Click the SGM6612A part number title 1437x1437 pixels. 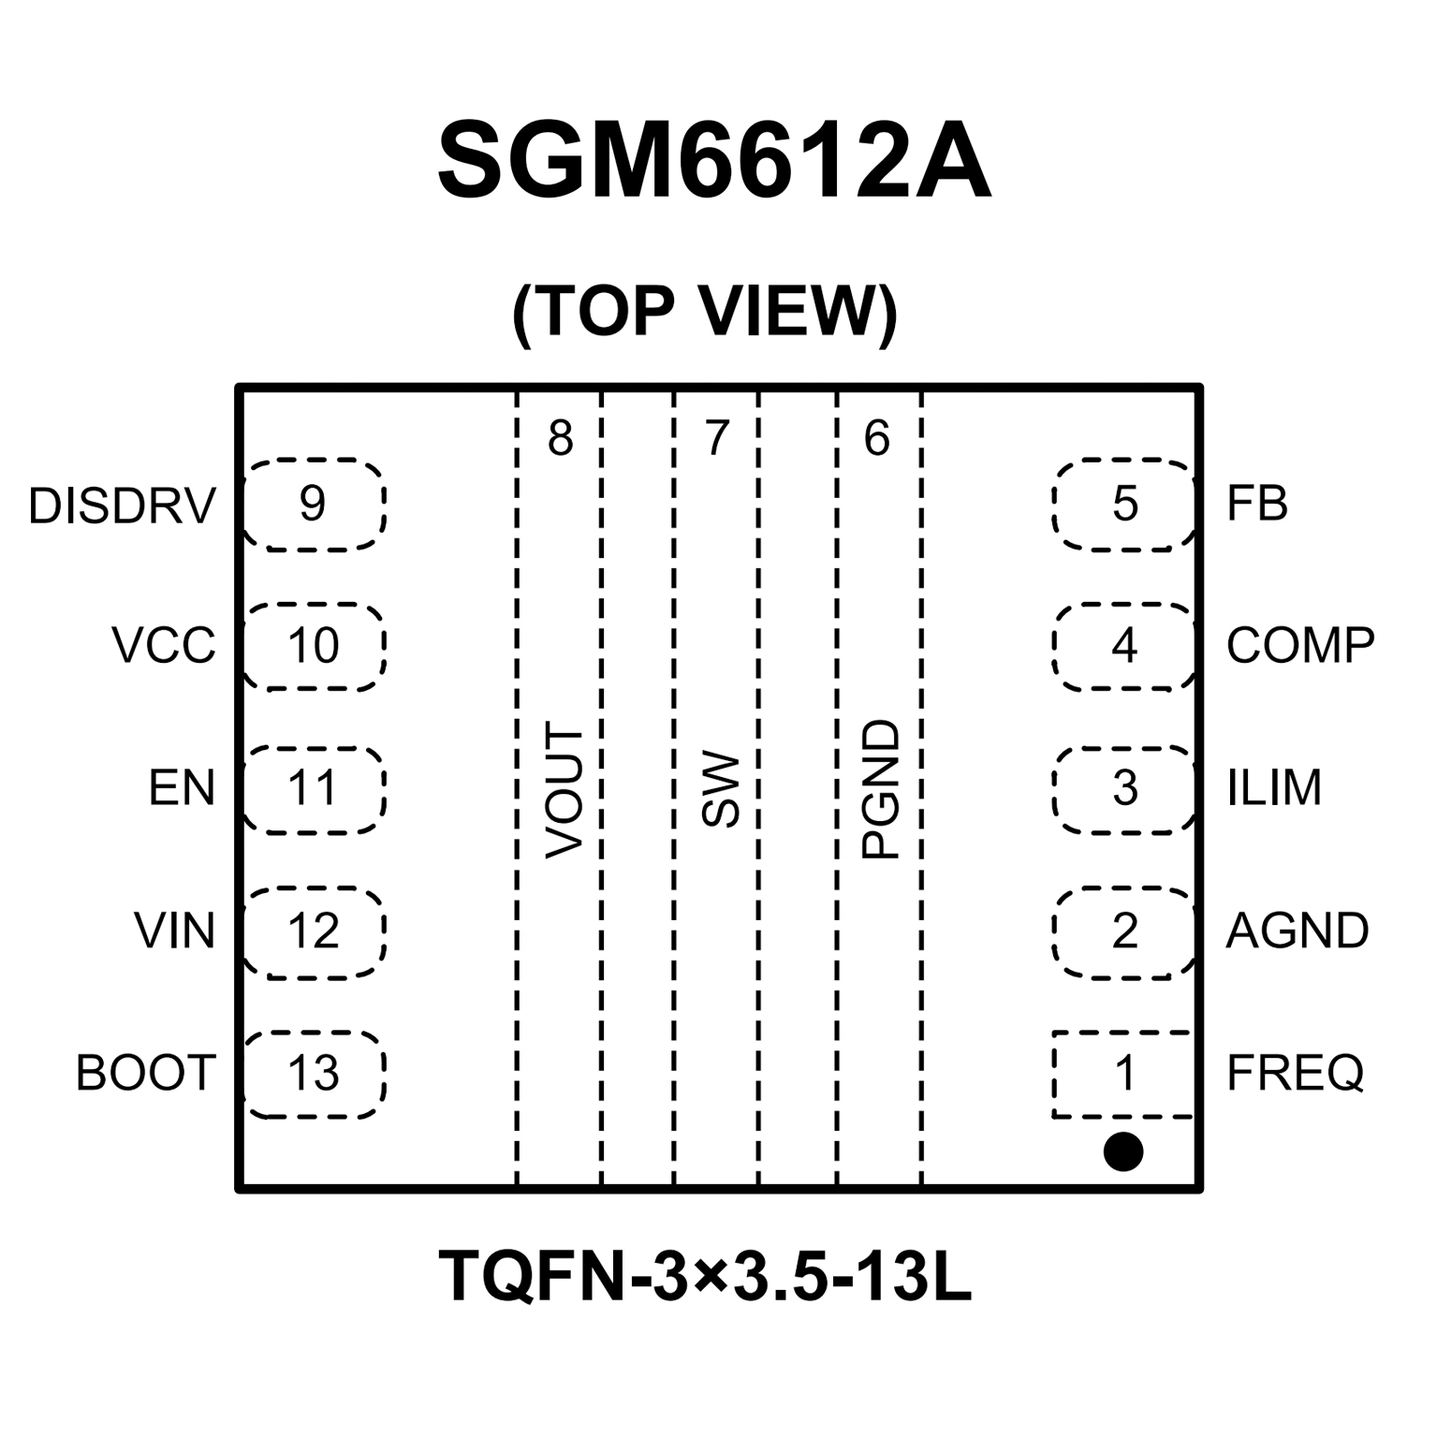(x=713, y=161)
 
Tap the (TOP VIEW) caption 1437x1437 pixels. (x=705, y=312)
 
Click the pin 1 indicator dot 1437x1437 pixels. (x=1122, y=1151)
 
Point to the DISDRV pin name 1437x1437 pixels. (x=122, y=506)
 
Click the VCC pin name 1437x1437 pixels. (x=164, y=646)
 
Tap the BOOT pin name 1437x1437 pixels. (x=146, y=1073)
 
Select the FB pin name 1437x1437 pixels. (x=1257, y=504)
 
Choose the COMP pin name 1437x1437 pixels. (x=1299, y=646)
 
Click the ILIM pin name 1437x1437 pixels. (x=1274, y=788)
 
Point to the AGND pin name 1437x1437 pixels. (x=1297, y=931)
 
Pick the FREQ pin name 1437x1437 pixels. (x=1295, y=1073)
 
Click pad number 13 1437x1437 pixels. (x=313, y=1074)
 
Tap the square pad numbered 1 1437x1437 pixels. (x=1123, y=1074)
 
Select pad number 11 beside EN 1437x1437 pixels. (x=313, y=788)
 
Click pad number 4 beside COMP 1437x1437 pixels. (x=1123, y=646)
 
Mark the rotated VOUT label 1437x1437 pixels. (x=565, y=790)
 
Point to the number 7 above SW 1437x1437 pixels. (x=717, y=437)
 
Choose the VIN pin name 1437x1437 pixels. (x=174, y=931)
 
